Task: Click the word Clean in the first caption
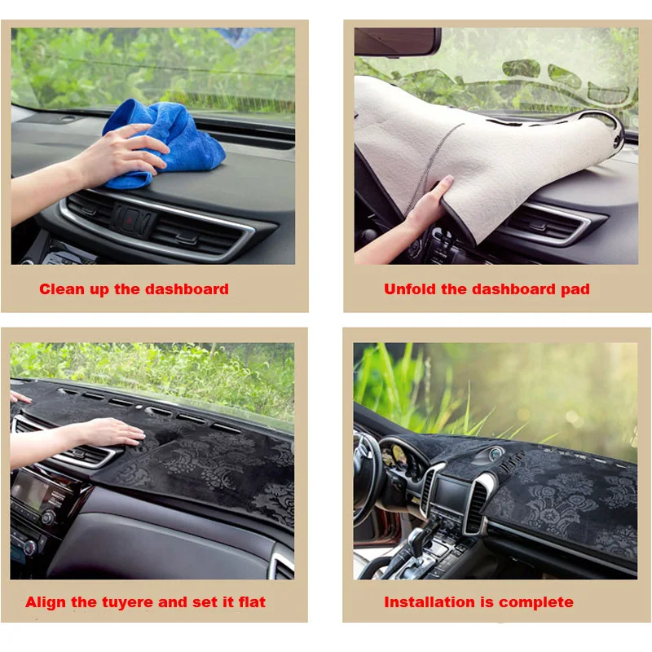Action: (62, 289)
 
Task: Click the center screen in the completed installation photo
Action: (450, 493)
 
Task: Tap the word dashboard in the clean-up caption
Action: (187, 289)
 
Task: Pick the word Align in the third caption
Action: (45, 603)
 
